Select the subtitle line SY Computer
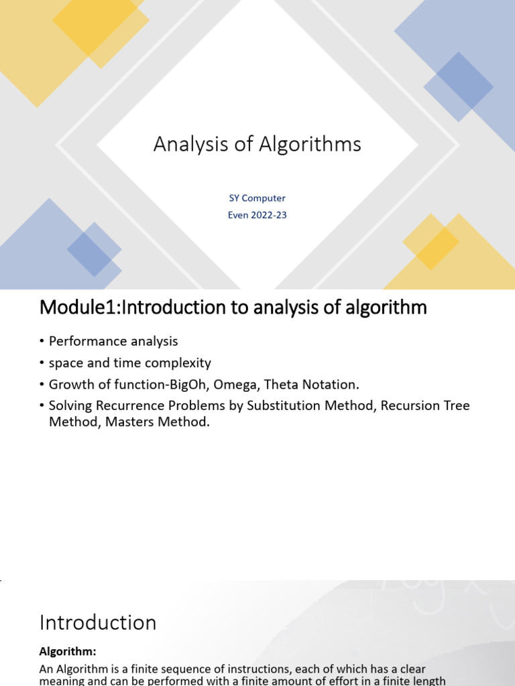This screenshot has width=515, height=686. [x=257, y=198]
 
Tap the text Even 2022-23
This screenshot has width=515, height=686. [x=257, y=216]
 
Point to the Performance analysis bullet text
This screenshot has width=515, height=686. [x=113, y=341]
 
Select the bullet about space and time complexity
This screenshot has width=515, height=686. [x=130, y=363]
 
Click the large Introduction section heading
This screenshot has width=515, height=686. [x=98, y=622]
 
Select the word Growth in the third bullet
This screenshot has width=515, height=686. [x=70, y=385]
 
